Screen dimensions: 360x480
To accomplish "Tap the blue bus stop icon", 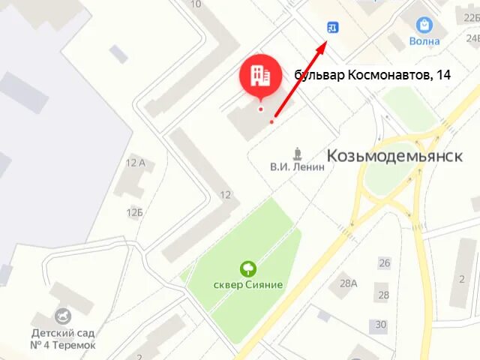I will pyautogui.click(x=333, y=28).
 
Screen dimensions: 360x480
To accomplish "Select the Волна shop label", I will pyautogui.click(x=424, y=42).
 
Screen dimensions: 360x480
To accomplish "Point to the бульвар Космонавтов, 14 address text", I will pyautogui.click(x=373, y=74).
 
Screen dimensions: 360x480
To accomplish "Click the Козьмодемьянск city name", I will pyautogui.click(x=394, y=155).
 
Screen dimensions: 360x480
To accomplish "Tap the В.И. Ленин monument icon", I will pyautogui.click(x=298, y=154).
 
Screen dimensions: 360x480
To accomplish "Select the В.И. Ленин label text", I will pyautogui.click(x=298, y=167).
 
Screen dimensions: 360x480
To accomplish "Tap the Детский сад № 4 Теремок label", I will pyautogui.click(x=63, y=339).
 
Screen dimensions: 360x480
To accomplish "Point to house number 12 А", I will pyautogui.click(x=136, y=163).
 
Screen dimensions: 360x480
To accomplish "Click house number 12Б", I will pyautogui.click(x=135, y=212).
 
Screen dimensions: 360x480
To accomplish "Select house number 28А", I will pyautogui.click(x=348, y=283).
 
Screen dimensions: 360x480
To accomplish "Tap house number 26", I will pyautogui.click(x=385, y=262).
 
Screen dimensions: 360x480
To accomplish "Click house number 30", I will pyautogui.click(x=381, y=325).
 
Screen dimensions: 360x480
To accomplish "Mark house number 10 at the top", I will pyautogui.click(x=196, y=4).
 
